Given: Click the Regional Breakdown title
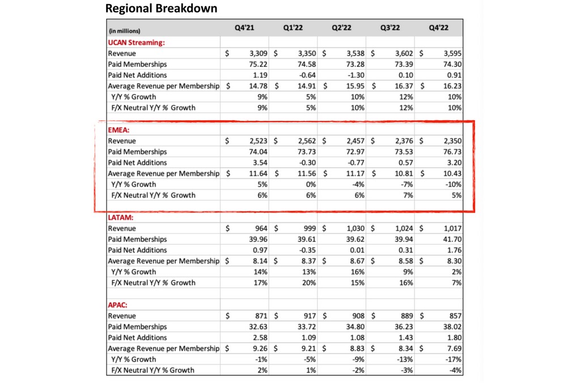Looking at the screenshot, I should (x=162, y=9).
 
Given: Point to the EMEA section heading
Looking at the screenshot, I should (x=119, y=129).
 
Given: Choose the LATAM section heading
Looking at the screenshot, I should (x=121, y=217).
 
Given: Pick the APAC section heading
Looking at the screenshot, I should (x=119, y=304).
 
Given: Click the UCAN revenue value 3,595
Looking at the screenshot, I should (x=451, y=53).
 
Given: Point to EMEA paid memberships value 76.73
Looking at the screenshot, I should (x=451, y=151).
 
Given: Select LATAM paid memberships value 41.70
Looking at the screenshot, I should (x=451, y=239).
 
